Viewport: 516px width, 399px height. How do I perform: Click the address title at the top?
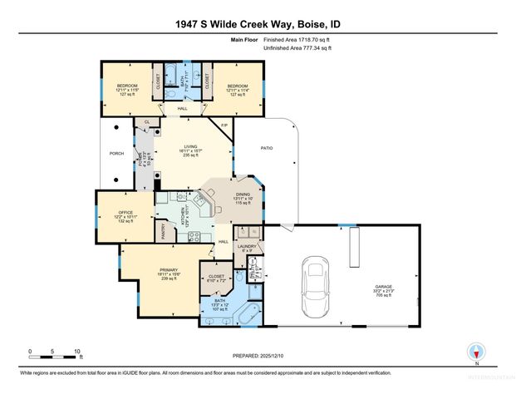tap(258, 24)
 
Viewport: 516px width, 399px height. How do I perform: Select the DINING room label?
tap(242, 195)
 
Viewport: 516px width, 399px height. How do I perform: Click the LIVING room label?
tap(191, 147)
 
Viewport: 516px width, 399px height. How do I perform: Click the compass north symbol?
tap(476, 352)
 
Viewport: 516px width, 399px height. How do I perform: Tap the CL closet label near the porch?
tap(146, 122)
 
